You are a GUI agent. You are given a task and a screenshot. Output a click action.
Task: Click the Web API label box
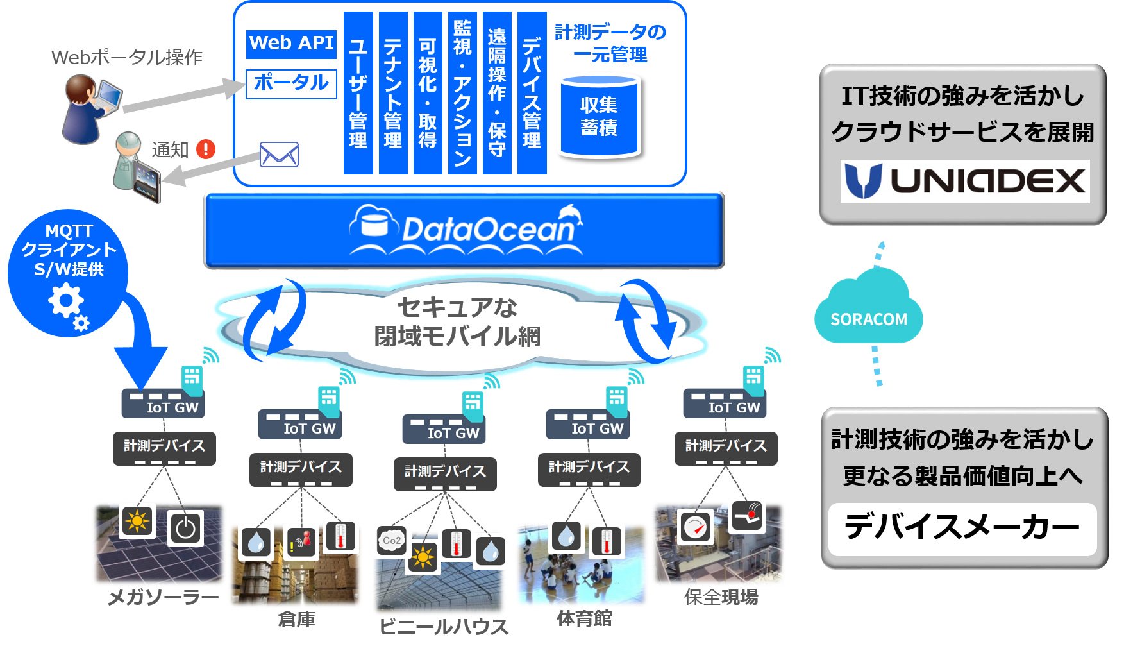click(x=292, y=44)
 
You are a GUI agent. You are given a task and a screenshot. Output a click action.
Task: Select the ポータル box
click(x=292, y=83)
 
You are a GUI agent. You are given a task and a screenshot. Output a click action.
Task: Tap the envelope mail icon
click(x=279, y=155)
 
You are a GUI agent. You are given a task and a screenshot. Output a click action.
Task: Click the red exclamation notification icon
click(x=206, y=149)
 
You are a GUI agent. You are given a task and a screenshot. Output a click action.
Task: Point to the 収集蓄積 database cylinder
click(x=600, y=117)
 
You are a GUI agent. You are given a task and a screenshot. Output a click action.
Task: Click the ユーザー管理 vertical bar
click(x=358, y=93)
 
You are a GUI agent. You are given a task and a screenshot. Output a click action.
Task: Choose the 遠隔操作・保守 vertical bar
click(x=497, y=93)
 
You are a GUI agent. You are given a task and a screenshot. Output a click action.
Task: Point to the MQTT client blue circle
click(x=68, y=273)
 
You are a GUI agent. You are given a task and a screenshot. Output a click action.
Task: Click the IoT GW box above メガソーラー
click(x=164, y=403)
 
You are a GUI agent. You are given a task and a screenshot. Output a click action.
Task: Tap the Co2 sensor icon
click(x=391, y=540)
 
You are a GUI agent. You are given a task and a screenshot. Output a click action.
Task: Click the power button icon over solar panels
click(x=185, y=528)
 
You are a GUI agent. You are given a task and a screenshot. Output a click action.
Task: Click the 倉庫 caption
click(x=296, y=619)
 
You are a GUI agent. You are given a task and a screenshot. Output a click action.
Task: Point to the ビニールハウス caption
click(x=444, y=626)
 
